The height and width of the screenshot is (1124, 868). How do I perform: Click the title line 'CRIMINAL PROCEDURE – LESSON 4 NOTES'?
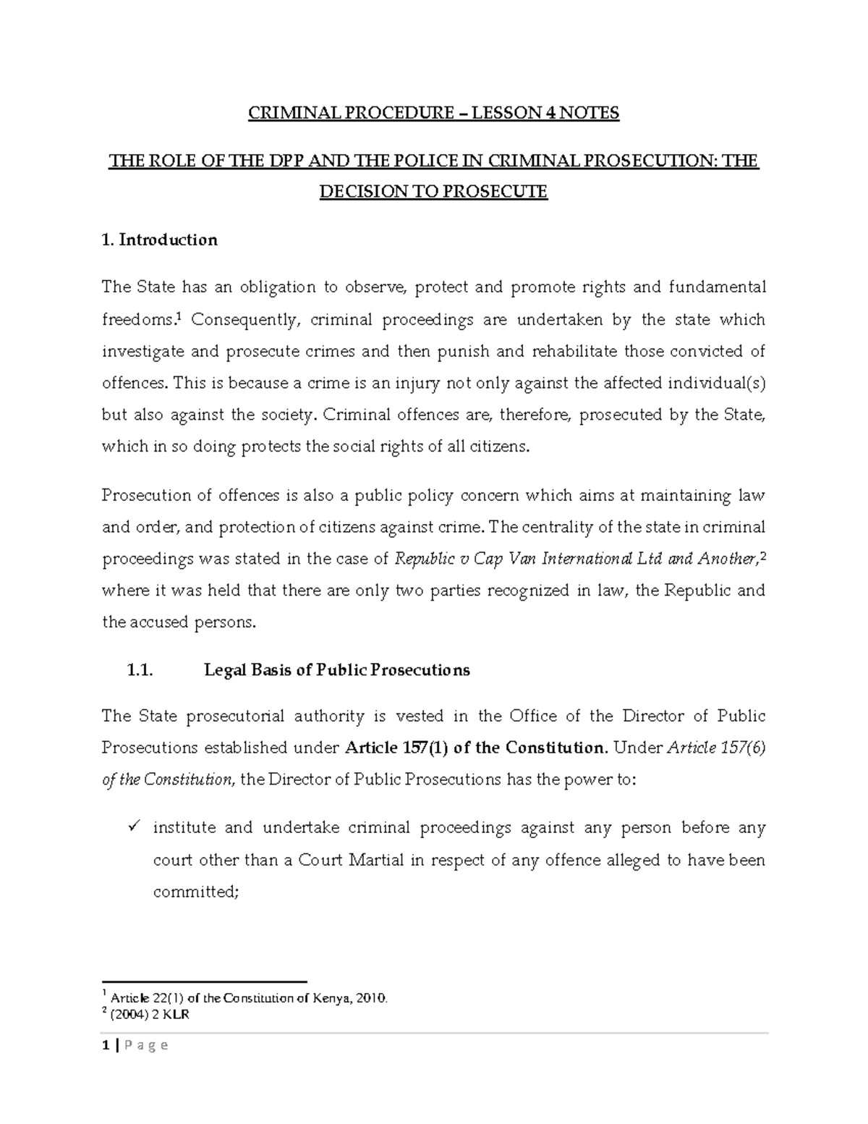434,114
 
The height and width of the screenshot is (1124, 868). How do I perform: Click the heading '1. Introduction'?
160,240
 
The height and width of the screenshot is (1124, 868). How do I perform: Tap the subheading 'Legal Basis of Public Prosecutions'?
337,669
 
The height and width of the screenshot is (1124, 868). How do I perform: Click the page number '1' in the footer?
106,1044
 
